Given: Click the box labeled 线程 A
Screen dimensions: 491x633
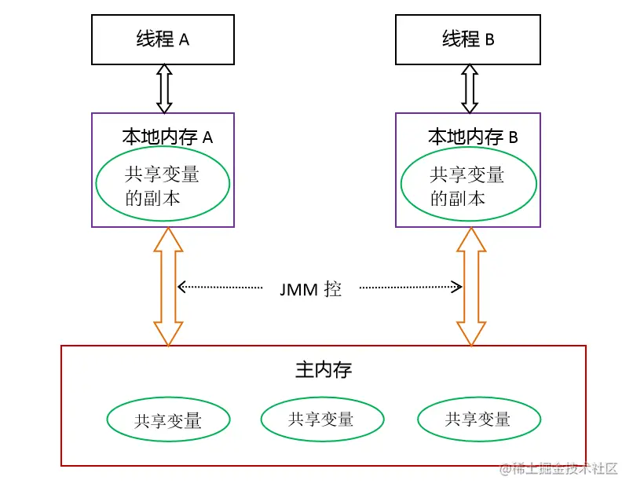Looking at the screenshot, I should (x=163, y=39).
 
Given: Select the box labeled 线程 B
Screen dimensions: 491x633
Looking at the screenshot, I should (x=468, y=39).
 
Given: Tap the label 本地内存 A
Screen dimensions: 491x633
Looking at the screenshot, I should (x=167, y=136).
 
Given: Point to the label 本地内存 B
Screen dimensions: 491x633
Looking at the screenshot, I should (x=472, y=137).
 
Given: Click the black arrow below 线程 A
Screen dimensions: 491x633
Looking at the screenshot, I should (x=163, y=88).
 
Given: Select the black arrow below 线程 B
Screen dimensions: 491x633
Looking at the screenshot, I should (x=469, y=88).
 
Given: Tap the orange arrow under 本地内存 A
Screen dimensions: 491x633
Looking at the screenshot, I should (x=167, y=287).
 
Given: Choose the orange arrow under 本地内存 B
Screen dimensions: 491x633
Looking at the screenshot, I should (x=471, y=287).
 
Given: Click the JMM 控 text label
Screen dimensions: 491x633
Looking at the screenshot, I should (x=310, y=288).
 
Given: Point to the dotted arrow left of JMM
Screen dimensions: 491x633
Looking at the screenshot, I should (x=220, y=288).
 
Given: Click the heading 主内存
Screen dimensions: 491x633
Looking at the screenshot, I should (x=323, y=369).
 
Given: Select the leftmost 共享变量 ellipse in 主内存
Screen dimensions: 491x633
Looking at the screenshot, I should (x=167, y=420).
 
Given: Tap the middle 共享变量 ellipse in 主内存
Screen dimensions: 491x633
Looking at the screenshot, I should (x=322, y=419).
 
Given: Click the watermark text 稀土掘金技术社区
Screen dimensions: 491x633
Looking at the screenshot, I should (x=565, y=469).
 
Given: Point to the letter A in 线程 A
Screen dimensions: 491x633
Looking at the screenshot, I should (x=185, y=39).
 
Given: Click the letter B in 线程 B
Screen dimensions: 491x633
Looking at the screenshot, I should (x=489, y=39).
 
